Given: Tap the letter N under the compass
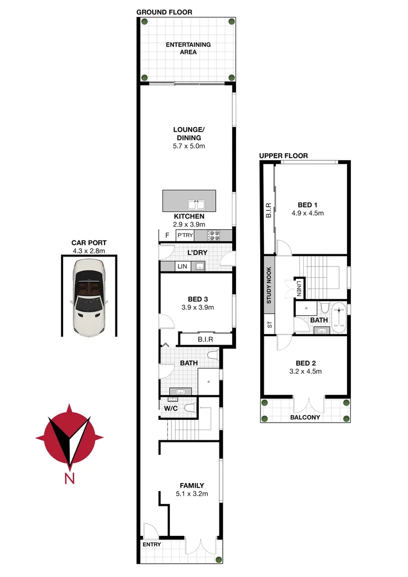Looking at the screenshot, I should pyautogui.click(x=69, y=479).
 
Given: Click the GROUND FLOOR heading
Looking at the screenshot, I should pyautogui.click(x=164, y=12).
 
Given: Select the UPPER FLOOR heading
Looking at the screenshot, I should pyautogui.click(x=284, y=156).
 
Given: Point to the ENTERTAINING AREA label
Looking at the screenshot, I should pyautogui.click(x=188, y=49).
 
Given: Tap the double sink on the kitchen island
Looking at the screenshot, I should pyautogui.click(x=196, y=204).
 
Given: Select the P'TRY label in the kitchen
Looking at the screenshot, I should pyautogui.click(x=185, y=236).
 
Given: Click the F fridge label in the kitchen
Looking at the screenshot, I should pyautogui.click(x=167, y=236).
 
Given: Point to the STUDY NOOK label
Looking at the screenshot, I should pyautogui.click(x=269, y=285).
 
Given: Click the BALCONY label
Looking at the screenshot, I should pyautogui.click(x=305, y=417).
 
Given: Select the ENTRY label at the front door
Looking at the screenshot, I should pyautogui.click(x=151, y=545).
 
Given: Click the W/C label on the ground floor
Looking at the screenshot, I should pyautogui.click(x=170, y=408).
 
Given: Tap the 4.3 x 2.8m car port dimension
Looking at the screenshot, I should pyautogui.click(x=89, y=250).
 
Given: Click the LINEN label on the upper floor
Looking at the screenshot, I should pyautogui.click(x=299, y=288).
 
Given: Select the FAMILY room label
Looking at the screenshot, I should pyautogui.click(x=191, y=486).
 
